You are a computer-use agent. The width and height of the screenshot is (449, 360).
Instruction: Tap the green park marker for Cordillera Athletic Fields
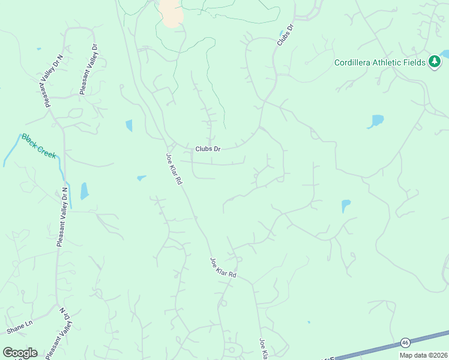click(435, 62)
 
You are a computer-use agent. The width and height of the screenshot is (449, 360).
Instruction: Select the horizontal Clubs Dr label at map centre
click(208, 149)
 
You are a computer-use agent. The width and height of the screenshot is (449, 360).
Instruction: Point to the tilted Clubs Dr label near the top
click(285, 35)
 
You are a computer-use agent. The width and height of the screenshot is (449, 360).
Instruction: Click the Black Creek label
click(39, 146)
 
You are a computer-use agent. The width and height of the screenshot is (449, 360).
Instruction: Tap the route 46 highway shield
click(405, 342)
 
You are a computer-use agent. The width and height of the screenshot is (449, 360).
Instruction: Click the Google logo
click(20, 353)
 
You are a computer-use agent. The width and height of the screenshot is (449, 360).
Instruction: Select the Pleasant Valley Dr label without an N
click(88, 69)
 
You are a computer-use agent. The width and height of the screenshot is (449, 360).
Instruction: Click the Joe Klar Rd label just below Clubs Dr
click(173, 169)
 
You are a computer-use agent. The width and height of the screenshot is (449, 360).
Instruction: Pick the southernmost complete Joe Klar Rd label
click(223, 267)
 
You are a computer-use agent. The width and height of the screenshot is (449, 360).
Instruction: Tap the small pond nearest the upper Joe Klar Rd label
click(142, 178)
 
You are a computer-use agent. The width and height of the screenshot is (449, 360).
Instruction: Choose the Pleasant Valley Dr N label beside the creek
click(62, 217)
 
